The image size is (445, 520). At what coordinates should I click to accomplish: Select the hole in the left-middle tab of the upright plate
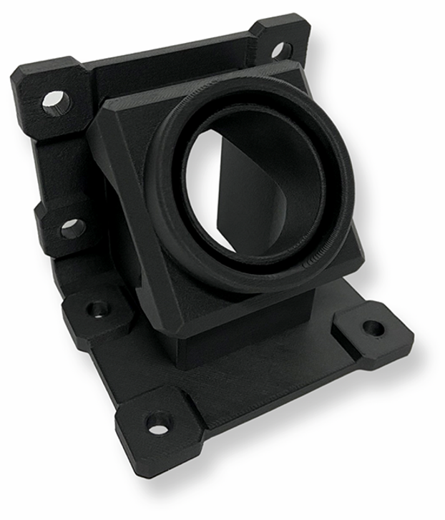click(72, 228)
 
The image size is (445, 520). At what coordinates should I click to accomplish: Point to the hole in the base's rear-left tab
click(97, 309)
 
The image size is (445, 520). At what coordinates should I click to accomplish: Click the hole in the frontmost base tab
click(158, 422)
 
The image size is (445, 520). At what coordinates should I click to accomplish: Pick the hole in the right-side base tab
click(373, 328)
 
